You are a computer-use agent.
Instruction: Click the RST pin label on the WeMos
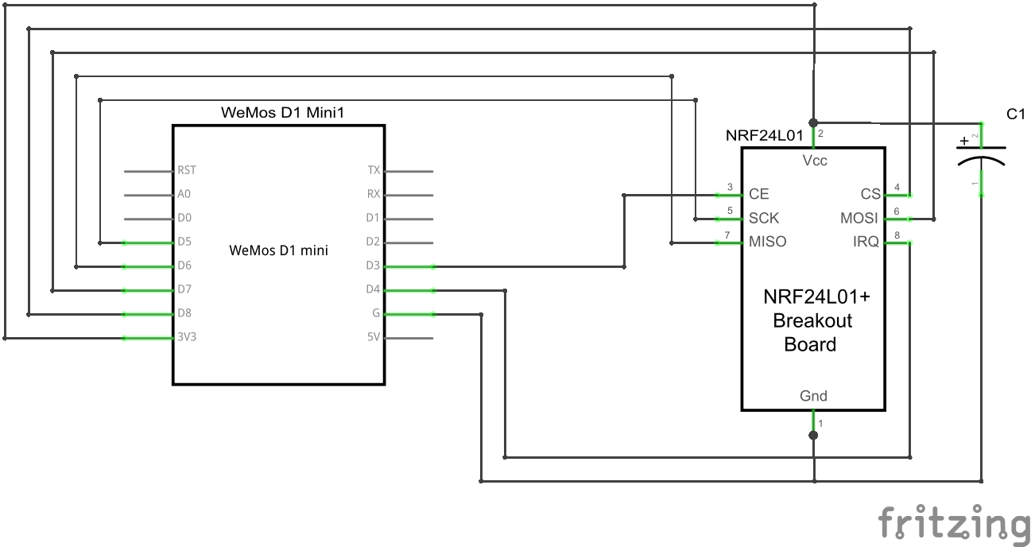pyautogui.click(x=187, y=170)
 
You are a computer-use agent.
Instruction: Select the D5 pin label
pyautogui.click(x=185, y=242)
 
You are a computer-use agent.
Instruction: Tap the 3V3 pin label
pyautogui.click(x=187, y=337)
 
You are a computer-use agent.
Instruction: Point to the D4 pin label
pyautogui.click(x=373, y=289)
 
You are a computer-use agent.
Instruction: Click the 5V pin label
pyautogui.click(x=373, y=337)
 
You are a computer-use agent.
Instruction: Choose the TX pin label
pyautogui.click(x=374, y=170)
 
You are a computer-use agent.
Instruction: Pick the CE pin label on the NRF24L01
pyautogui.click(x=758, y=194)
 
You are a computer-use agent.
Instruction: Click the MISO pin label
pyautogui.click(x=767, y=242)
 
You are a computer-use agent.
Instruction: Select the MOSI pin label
pyautogui.click(x=859, y=218)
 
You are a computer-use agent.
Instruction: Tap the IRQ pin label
pyautogui.click(x=866, y=242)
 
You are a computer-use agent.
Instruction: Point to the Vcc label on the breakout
pyautogui.click(x=814, y=161)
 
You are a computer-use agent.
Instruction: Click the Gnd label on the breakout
pyautogui.click(x=813, y=396)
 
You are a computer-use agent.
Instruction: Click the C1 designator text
pyautogui.click(x=1016, y=114)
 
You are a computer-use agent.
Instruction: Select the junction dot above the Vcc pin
pyautogui.click(x=813, y=122)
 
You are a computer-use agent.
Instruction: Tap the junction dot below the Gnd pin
pyautogui.click(x=813, y=435)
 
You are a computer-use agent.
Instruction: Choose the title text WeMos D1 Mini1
pyautogui.click(x=282, y=113)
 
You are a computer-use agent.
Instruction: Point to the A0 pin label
pyautogui.click(x=184, y=194)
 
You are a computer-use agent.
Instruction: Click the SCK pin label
pyautogui.click(x=764, y=218)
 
